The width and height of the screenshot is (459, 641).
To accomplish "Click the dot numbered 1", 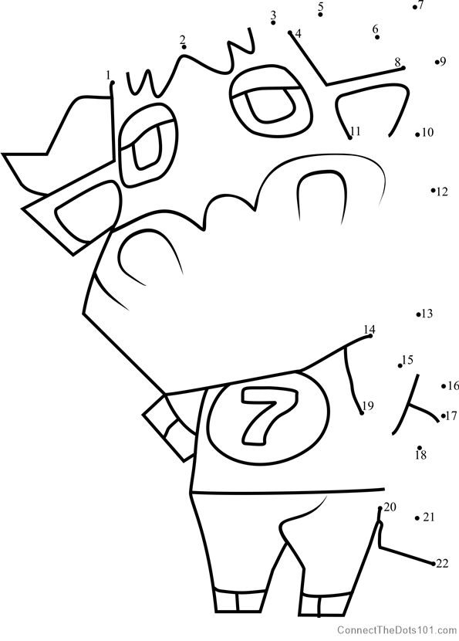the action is click(113, 83).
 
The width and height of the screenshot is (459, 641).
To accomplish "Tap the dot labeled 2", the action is click(184, 47).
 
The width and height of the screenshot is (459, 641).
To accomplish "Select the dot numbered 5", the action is click(321, 15).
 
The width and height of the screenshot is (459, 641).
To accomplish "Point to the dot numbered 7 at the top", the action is click(414, 8).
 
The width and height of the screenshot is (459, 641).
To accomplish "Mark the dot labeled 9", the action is click(437, 62).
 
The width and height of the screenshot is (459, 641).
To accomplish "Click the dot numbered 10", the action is click(417, 134).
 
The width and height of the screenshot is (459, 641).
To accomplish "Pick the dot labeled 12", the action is click(433, 190).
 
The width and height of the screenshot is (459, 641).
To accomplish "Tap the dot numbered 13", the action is click(418, 314).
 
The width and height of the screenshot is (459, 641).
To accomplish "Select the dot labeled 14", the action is click(370, 336).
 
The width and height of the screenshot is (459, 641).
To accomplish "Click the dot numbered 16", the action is click(444, 386).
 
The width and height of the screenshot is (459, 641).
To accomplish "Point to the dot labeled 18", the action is click(420, 448).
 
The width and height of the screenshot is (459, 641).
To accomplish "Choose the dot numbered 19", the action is click(362, 413).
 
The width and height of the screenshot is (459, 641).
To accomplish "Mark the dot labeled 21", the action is click(417, 518).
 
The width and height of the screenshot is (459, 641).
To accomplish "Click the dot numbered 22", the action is click(434, 564).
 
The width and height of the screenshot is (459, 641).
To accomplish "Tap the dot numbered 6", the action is click(377, 37).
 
